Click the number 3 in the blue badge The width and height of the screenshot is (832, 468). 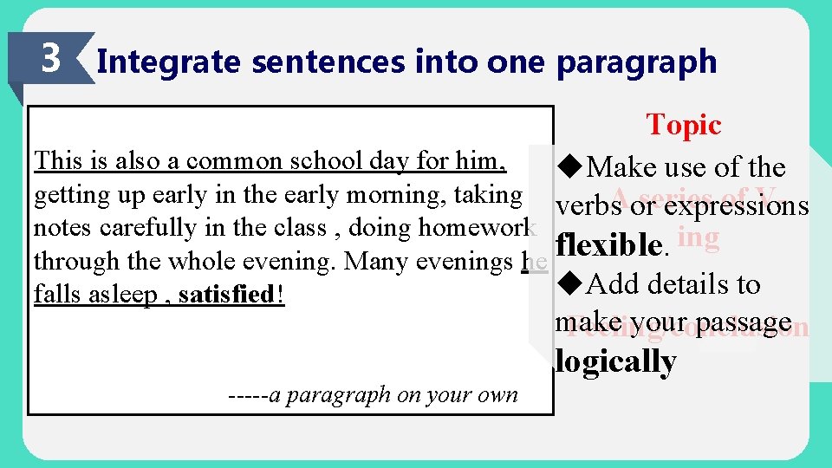coord(51,59)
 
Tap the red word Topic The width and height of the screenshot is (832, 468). coord(684,126)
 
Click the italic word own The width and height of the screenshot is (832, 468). coord(498,395)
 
